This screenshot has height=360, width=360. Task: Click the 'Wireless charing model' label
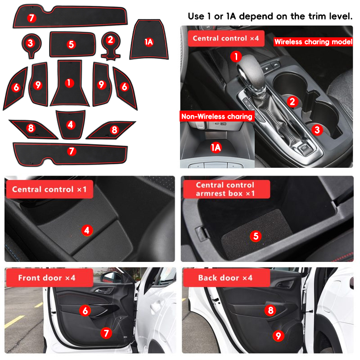click(313, 42)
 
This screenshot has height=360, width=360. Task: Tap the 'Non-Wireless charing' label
click(217, 117)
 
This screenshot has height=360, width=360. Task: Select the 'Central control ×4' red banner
click(226, 38)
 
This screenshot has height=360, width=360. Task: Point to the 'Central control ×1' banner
click(49, 189)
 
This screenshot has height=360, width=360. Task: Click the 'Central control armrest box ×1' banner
click(226, 189)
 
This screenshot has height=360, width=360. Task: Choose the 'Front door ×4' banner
click(49, 278)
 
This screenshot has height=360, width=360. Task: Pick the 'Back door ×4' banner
click(226, 278)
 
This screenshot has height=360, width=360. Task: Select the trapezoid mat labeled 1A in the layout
click(149, 40)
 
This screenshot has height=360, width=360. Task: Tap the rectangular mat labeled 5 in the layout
click(72, 44)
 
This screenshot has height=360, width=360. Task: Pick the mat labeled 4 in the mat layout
click(71, 125)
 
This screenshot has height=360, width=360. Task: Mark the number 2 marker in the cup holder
click(292, 102)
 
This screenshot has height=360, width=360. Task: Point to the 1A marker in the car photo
click(216, 148)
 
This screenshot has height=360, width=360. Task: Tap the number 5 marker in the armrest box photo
click(256, 236)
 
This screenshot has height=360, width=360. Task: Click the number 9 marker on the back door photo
click(278, 336)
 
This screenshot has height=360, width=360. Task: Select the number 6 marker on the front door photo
click(85, 310)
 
